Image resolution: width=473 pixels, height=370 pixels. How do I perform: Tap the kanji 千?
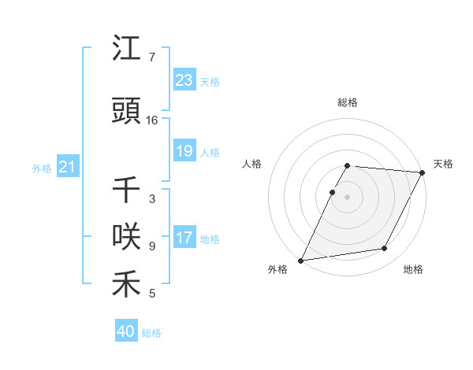coord(126,191)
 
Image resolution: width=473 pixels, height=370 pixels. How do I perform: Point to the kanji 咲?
coord(126,237)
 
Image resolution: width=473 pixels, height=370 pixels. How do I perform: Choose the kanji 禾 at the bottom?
coord(126,285)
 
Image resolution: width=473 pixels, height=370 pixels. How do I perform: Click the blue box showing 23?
coord(184,80)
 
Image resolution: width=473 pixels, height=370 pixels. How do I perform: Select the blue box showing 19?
coord(184,151)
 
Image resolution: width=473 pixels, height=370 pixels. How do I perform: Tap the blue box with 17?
coord(184,238)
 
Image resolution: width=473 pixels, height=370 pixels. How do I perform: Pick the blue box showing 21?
coord(67,167)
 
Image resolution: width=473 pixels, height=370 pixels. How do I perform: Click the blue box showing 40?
coord(125,331)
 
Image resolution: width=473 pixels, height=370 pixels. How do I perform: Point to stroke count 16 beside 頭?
coord(152,120)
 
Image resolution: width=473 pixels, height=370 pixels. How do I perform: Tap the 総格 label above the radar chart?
coord(348,103)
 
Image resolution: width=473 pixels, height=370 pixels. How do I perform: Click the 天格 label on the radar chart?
coord(443,164)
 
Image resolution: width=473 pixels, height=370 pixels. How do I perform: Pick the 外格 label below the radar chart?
coord(277,269)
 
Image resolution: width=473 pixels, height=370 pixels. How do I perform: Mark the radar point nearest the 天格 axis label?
coord(423,172)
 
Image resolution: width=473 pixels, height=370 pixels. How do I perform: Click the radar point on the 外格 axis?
coord(300,260)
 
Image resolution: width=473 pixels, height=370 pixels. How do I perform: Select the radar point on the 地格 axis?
coord(385,249)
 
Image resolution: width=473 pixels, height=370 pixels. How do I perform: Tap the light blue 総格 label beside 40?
coord(151,333)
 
